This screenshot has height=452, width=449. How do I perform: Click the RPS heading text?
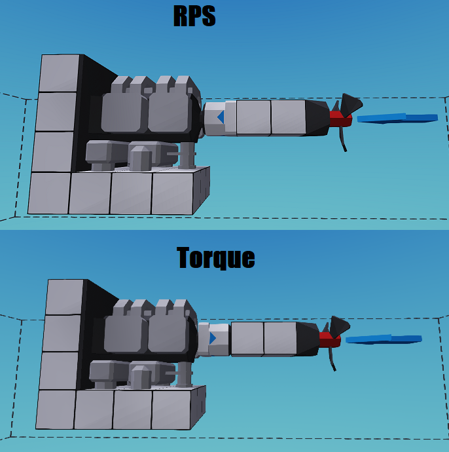click(194, 16)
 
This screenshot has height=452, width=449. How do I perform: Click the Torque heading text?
click(215, 257)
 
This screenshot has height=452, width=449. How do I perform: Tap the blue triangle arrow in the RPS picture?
click(221, 117)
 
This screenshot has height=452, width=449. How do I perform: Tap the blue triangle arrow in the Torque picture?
click(212, 338)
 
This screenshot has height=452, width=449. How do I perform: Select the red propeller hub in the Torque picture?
click(329, 339)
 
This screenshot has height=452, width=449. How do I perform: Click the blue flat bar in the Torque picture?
click(384, 339)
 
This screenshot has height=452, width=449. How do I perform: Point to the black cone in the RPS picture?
click(317, 119)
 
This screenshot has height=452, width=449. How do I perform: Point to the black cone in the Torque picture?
click(308, 339)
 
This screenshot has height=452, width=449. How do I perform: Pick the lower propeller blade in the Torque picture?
click(332, 358)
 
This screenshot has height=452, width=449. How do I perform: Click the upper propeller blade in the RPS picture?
click(349, 104)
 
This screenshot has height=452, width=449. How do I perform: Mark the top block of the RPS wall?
click(60, 73)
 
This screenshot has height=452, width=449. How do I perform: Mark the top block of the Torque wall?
click(65, 297)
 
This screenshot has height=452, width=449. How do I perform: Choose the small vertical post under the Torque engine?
click(185, 373)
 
